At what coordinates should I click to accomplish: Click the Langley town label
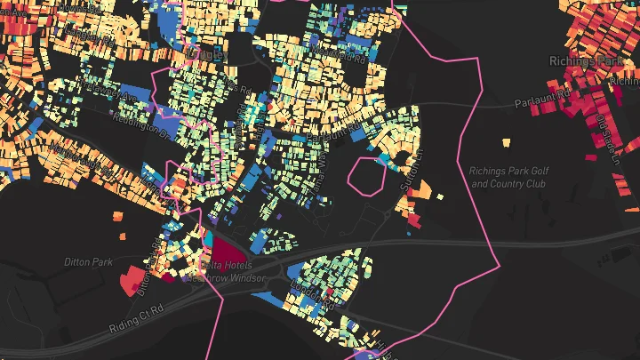point(211,56)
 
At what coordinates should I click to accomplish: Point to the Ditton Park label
point(88,262)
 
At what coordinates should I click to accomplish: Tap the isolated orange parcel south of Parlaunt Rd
point(506,141)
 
